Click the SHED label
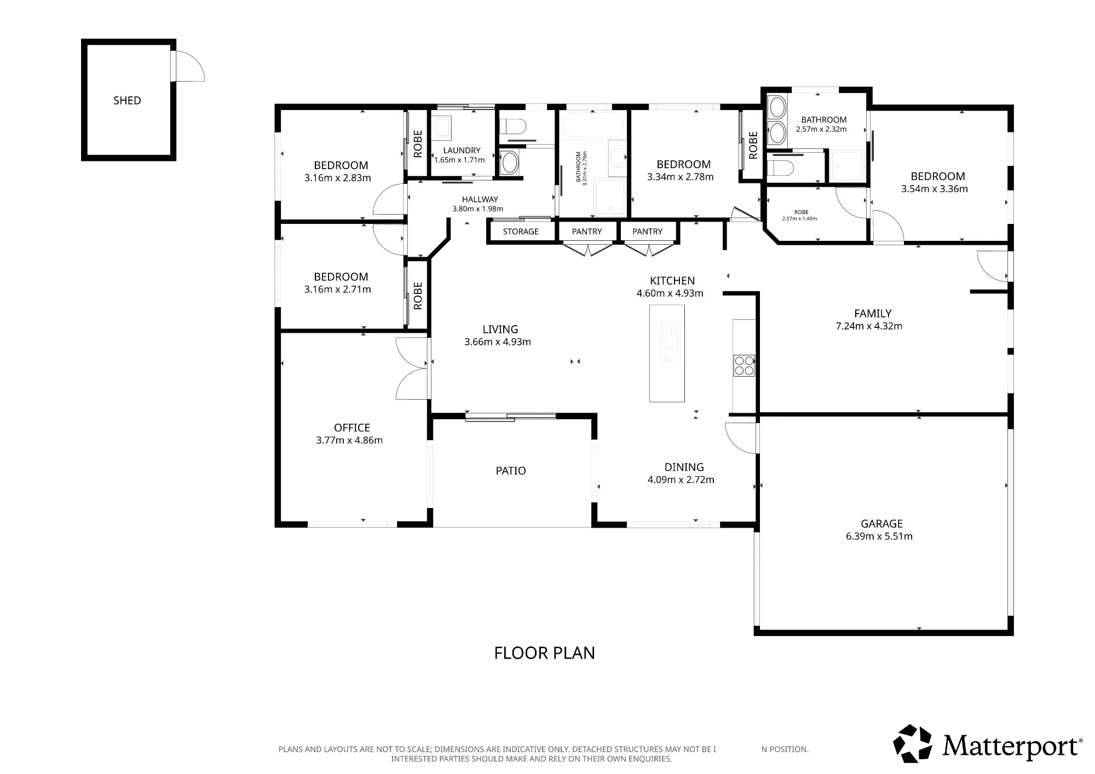[x=127, y=101]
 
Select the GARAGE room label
[x=881, y=524]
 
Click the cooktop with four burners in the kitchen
[x=744, y=366]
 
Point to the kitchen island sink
[x=671, y=342]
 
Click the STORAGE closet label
[x=521, y=232]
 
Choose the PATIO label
[x=511, y=471]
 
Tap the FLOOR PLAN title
[x=544, y=653]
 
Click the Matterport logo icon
[x=912, y=743]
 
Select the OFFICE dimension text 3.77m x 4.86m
[x=349, y=440]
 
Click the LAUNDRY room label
[x=462, y=151]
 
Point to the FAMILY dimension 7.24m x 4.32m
[x=869, y=326]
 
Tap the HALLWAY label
[x=480, y=200]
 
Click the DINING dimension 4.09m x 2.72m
[x=681, y=480]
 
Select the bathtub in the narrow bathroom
[x=593, y=125]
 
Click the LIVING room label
[x=500, y=330]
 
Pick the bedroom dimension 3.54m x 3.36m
[x=935, y=189]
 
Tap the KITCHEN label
[x=672, y=281]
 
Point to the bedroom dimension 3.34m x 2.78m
[x=681, y=177]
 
